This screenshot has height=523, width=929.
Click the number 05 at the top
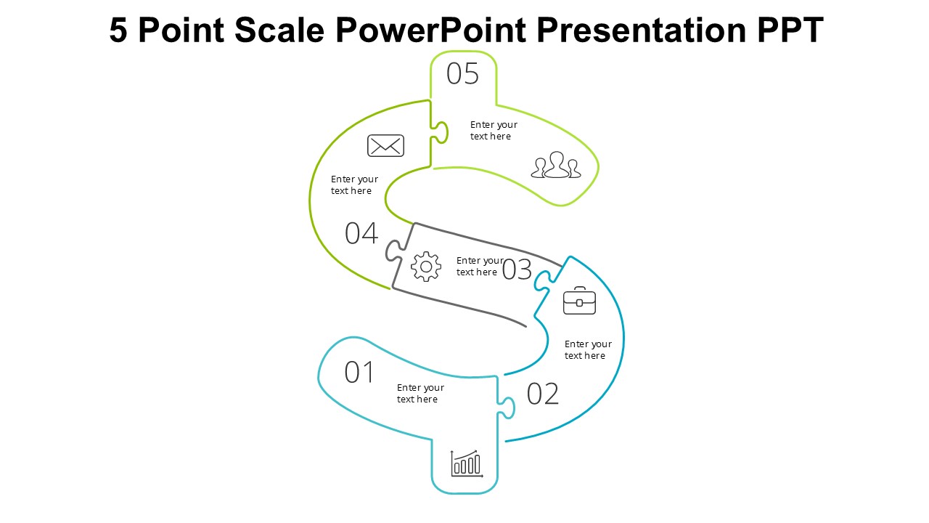[x=462, y=74]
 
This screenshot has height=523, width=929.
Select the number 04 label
[x=361, y=234]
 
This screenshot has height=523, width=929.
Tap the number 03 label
[x=517, y=269]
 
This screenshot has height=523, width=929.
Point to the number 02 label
[x=543, y=394]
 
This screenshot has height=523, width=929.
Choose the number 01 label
[x=359, y=373]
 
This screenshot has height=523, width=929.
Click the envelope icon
[x=385, y=146]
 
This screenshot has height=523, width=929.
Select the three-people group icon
[x=556, y=165]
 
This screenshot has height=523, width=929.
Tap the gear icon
[x=425, y=267]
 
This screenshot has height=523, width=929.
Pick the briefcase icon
[x=579, y=301]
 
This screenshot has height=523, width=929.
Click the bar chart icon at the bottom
[x=467, y=463]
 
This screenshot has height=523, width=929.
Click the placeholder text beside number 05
[x=494, y=131]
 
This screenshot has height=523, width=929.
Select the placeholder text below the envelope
[x=354, y=185]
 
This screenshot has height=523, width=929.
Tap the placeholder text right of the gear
[x=479, y=267]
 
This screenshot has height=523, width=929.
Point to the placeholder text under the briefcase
[x=588, y=350]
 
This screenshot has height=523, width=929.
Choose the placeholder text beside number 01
[x=420, y=394]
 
